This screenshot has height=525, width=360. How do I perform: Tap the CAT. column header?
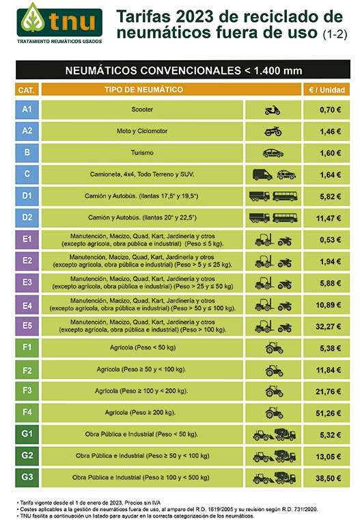[x=27, y=90]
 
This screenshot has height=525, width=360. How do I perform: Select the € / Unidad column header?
[x=327, y=90]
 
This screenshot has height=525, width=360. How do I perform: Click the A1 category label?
[x=27, y=109]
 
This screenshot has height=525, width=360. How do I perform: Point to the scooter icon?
[x=273, y=110]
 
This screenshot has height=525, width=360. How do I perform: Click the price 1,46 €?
[x=330, y=131]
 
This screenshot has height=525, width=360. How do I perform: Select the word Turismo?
[x=142, y=152]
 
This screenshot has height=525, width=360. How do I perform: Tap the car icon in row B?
[x=273, y=153]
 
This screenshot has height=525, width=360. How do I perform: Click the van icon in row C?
[x=262, y=174]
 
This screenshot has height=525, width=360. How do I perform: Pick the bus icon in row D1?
[x=285, y=196]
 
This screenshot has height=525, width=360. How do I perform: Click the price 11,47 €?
[x=329, y=218]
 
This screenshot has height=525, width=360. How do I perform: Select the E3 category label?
[x=27, y=282]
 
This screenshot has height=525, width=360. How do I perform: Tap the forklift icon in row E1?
[x=264, y=240]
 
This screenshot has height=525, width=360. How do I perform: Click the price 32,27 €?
[x=328, y=327]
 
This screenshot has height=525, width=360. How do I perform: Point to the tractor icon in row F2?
[x=274, y=370]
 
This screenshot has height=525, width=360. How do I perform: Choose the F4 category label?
[x=27, y=412]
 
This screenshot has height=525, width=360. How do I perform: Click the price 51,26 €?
[x=328, y=413]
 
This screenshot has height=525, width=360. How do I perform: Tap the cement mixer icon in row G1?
[x=285, y=434]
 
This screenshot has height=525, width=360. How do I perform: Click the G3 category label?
[x=27, y=477]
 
